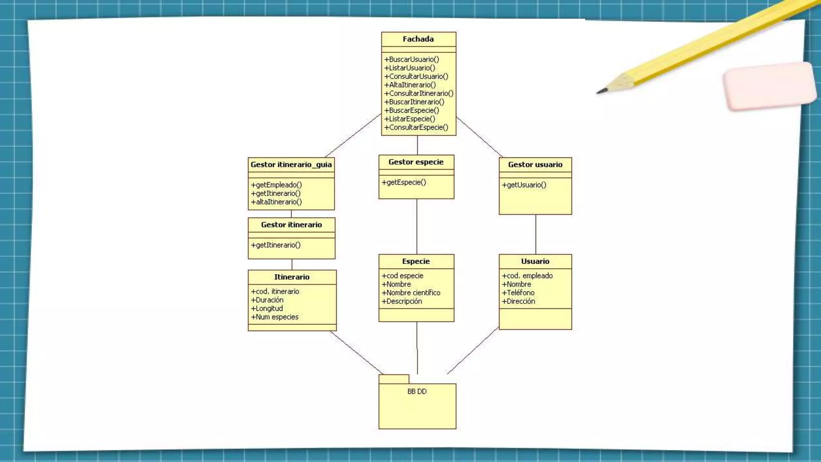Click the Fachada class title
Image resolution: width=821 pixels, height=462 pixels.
click(x=418, y=39)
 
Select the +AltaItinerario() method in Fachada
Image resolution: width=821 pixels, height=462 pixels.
click(x=410, y=85)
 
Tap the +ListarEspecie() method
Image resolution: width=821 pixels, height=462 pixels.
click(x=410, y=119)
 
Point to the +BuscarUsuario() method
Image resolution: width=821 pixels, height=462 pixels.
click(x=412, y=59)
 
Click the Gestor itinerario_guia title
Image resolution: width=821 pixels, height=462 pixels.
click(x=291, y=164)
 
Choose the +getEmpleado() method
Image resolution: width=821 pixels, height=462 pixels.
click(x=276, y=185)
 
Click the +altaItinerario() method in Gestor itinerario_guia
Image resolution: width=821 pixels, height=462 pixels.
click(x=276, y=202)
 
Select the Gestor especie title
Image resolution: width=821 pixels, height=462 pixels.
click(x=416, y=162)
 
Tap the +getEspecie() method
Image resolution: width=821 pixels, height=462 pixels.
click(x=404, y=182)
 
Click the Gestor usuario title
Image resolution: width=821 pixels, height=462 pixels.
click(x=535, y=164)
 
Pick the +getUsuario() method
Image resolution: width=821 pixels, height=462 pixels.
click(x=524, y=185)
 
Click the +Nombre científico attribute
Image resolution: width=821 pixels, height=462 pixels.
click(x=411, y=293)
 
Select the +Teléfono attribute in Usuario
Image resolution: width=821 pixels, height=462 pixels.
click(x=518, y=293)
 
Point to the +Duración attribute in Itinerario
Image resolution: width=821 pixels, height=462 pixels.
click(x=267, y=300)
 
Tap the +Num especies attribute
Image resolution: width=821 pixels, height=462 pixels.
click(x=275, y=317)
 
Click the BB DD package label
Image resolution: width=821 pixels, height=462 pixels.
click(x=417, y=391)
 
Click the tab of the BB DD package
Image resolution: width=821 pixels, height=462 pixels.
click(x=394, y=379)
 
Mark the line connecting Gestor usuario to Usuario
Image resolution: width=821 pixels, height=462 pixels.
click(x=536, y=234)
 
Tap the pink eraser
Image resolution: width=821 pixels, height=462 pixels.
click(x=770, y=86)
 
